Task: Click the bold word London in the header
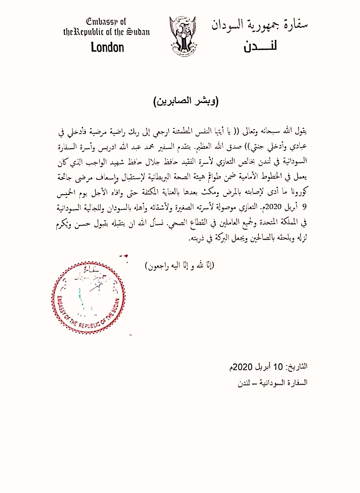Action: tap(107, 48)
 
